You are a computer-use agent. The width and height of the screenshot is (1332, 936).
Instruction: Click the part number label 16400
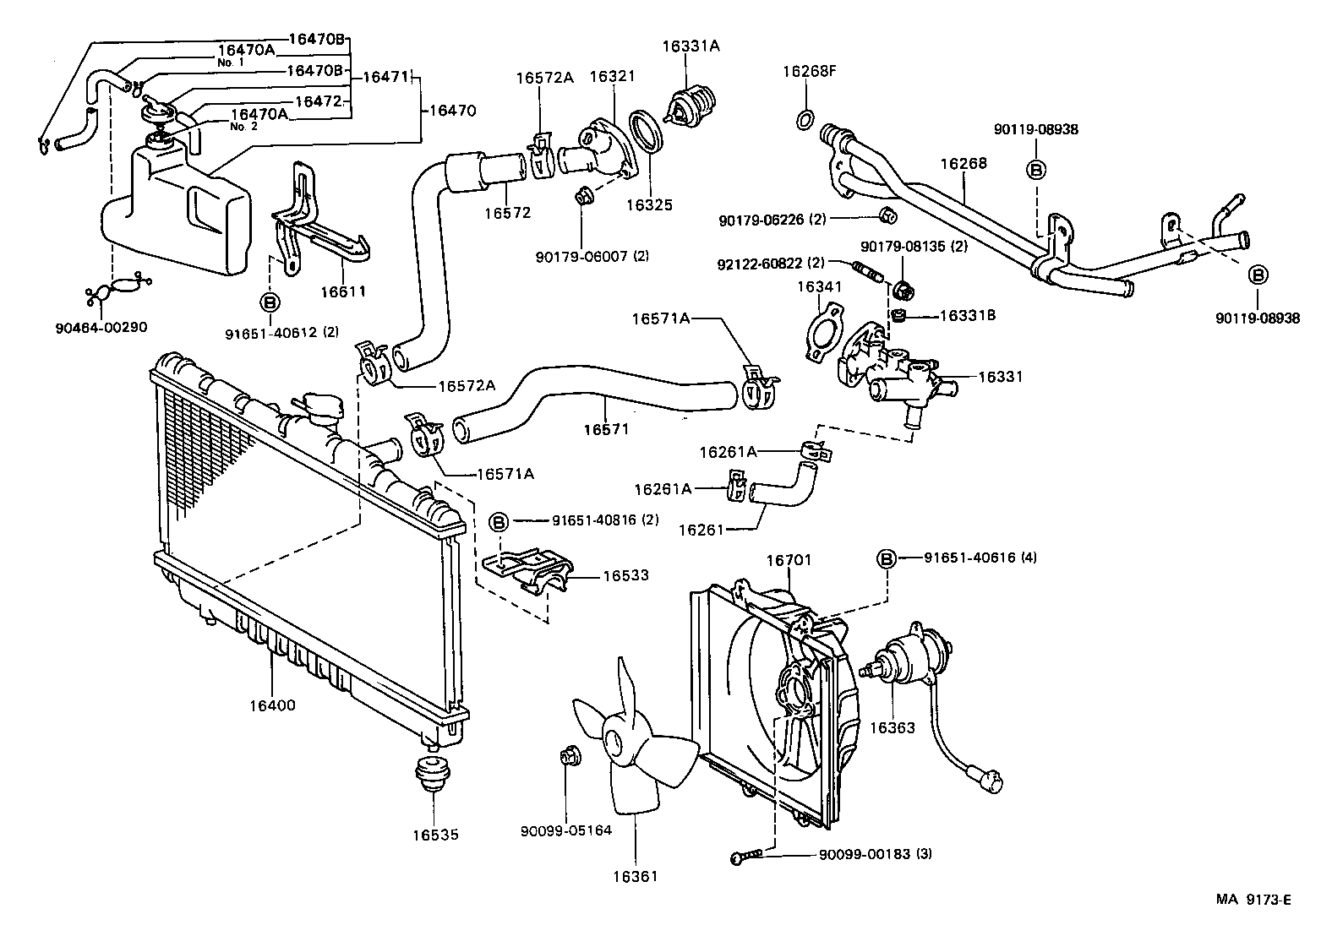(272, 704)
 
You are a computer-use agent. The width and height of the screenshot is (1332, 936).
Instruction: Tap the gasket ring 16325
(649, 134)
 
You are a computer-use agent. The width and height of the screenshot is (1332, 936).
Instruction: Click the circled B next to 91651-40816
(499, 521)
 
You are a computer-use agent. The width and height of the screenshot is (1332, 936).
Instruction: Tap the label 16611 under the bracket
(343, 291)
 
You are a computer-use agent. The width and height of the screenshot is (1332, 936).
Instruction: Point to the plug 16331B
(901, 317)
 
